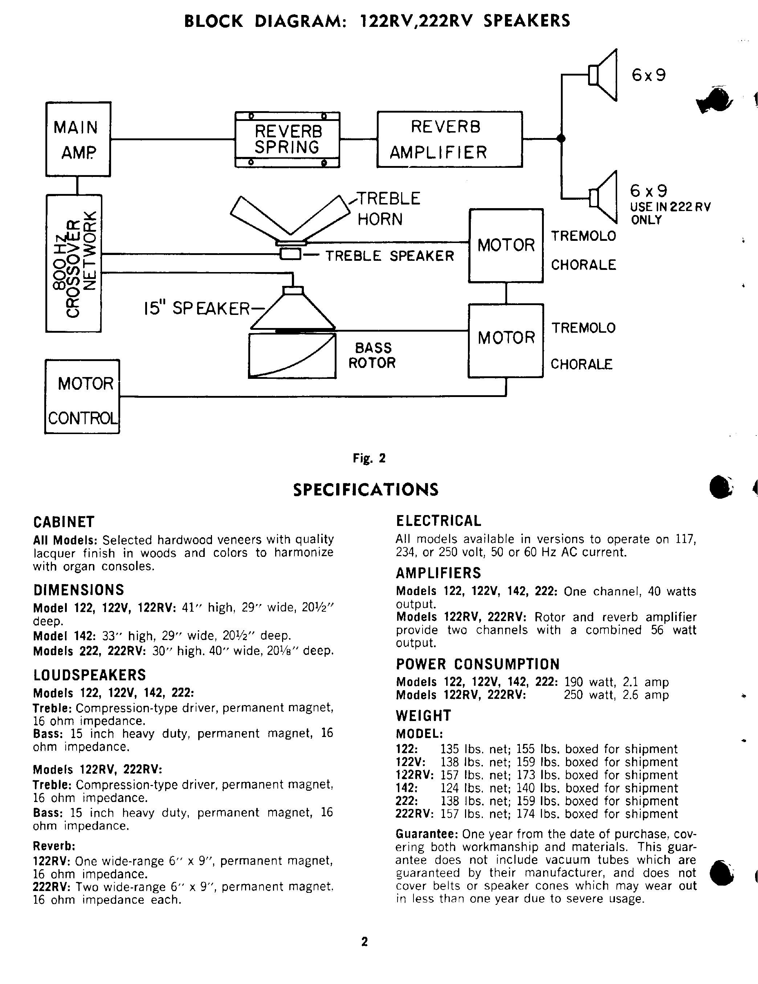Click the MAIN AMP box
click(78, 139)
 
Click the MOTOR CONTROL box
click(82, 397)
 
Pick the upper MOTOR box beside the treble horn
click(506, 246)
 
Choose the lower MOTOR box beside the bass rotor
click(506, 341)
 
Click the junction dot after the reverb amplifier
click(561, 138)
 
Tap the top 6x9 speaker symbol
click(603, 75)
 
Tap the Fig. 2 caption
click(369, 458)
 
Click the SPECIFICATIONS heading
click(366, 490)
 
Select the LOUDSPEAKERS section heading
click(90, 675)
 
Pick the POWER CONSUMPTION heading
click(477, 664)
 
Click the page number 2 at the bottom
click(364, 942)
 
